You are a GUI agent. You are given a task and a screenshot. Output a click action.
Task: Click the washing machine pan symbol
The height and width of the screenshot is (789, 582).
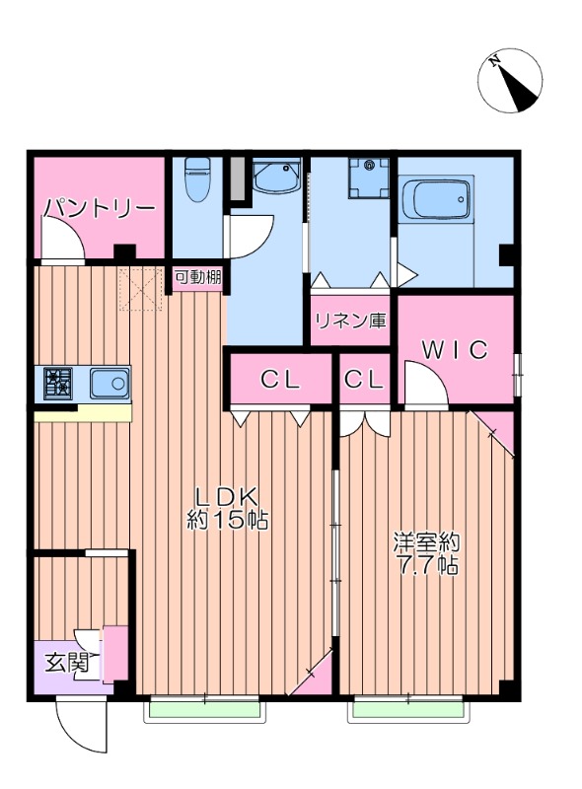368,179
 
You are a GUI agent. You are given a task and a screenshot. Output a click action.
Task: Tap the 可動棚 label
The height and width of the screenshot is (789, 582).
198,277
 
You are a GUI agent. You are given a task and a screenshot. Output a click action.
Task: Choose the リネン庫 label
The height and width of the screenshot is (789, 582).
351,321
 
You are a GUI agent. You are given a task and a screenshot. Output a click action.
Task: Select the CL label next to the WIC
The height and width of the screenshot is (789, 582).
365,380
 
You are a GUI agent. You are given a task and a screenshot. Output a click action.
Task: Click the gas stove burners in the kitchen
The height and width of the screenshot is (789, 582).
57,382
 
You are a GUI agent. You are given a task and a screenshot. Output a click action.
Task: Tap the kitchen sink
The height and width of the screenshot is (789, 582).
109,383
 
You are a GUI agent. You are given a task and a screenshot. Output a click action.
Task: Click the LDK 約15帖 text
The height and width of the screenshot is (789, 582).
229,508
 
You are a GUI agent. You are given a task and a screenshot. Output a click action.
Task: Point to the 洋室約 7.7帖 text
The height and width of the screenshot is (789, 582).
427,554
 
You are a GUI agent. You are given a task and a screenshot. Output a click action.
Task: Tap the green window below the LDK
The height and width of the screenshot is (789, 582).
205,708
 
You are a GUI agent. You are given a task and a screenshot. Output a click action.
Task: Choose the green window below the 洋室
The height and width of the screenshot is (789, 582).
407,708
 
